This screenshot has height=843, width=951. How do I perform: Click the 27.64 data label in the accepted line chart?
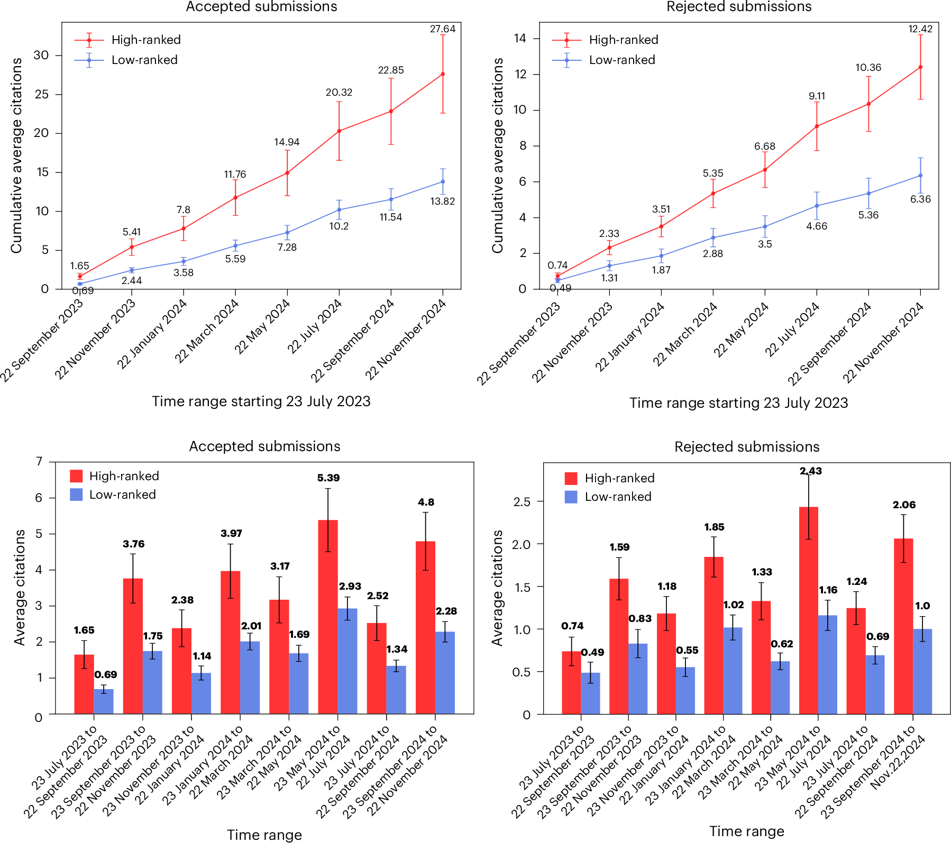click(442, 29)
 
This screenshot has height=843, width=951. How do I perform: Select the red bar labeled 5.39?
click(328, 617)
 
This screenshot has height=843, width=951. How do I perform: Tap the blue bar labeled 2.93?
click(348, 661)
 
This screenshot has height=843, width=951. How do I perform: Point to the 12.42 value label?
click(920, 29)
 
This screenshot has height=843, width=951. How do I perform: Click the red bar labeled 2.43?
click(809, 610)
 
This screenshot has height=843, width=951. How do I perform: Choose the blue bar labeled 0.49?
click(590, 693)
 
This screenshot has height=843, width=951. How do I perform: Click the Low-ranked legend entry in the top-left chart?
click(126, 60)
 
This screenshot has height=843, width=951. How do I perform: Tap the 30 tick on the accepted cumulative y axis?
click(41, 55)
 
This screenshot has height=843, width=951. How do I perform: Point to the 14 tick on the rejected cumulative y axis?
click(520, 38)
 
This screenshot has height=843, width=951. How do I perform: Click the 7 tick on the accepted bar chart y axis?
click(39, 461)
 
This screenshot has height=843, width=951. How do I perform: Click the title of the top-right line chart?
click(739, 6)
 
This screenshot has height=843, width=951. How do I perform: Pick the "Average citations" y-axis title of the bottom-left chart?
click(20, 587)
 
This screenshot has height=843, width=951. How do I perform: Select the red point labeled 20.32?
click(339, 131)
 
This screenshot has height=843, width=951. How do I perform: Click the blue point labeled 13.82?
click(443, 181)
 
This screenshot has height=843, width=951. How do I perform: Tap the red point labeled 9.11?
click(817, 126)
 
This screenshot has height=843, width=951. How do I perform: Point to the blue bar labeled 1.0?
click(922, 672)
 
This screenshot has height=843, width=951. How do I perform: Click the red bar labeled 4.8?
click(425, 627)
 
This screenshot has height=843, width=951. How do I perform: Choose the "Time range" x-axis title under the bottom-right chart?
click(747, 831)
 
